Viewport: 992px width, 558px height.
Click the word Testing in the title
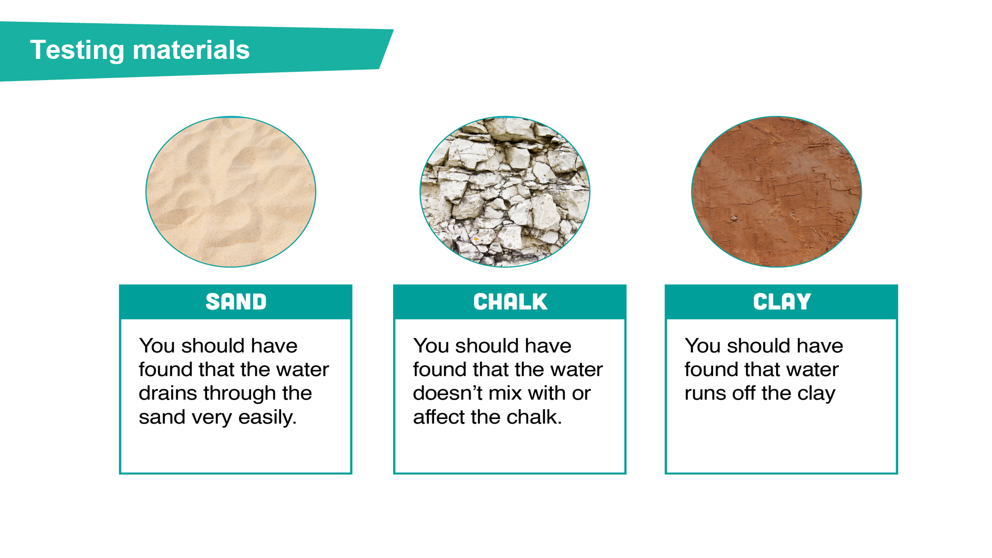pyautogui.click(x=77, y=51)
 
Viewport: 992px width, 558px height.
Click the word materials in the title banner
pyautogui.click(x=191, y=50)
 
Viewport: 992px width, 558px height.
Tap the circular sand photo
pyautogui.click(x=231, y=192)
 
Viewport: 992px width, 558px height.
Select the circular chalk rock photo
pyautogui.click(x=505, y=192)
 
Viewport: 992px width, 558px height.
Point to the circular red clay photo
pyautogui.click(x=777, y=192)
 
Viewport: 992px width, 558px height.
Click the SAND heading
pyautogui.click(x=236, y=302)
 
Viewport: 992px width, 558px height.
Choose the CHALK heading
pyautogui.click(x=510, y=302)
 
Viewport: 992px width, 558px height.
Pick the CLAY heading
pyautogui.click(x=782, y=302)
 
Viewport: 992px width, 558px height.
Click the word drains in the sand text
pyautogui.click(x=168, y=393)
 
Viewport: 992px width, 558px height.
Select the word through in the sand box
pyautogui.click(x=240, y=394)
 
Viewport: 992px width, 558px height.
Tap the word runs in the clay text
pyautogui.click(x=705, y=394)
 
